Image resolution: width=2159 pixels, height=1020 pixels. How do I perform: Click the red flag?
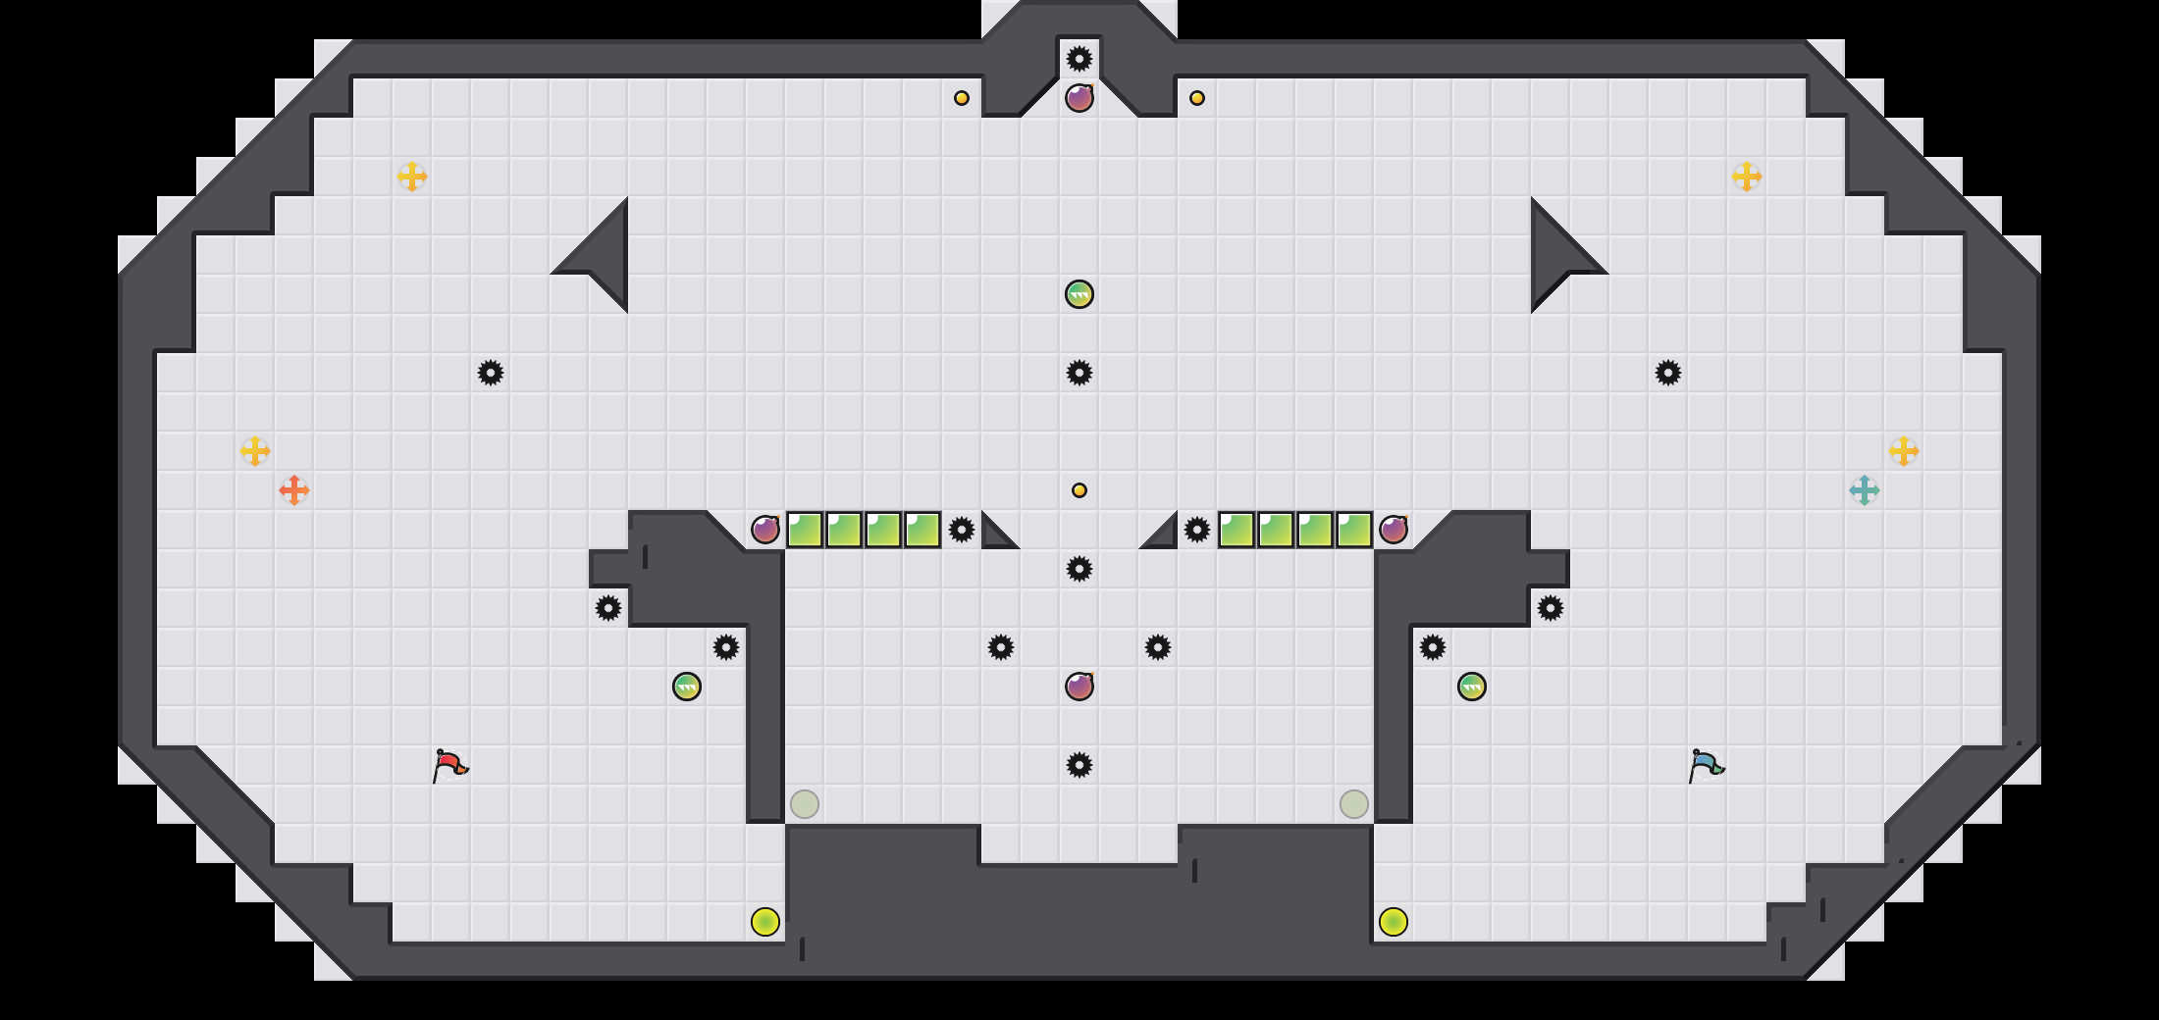point(449,764)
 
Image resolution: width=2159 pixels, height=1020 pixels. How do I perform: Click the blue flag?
point(1706,764)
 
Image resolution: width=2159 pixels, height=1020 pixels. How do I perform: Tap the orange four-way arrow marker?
point(294,489)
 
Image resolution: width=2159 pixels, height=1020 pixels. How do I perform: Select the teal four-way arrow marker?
point(1864,489)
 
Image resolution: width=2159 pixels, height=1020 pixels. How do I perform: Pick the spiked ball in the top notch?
point(1079,59)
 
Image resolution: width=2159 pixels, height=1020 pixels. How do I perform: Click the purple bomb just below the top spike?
point(1079,98)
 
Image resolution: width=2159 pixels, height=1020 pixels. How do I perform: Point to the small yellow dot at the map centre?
point(1079,490)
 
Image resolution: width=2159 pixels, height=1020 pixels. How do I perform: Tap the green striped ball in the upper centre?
point(1079,294)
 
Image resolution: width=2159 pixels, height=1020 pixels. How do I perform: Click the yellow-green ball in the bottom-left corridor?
point(765,922)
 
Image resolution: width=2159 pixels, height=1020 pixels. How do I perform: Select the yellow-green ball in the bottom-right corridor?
point(1394,922)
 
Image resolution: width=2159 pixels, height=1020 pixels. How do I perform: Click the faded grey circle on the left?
point(805,804)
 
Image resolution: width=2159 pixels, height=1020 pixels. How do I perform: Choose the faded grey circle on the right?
point(1354,804)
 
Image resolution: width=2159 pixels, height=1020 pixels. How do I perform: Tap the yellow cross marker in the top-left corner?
point(412,177)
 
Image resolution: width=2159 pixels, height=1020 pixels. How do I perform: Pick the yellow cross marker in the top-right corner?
point(1747,177)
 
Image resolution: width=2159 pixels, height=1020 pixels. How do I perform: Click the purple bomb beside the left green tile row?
point(765,530)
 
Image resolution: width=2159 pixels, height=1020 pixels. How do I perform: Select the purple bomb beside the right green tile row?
point(1394,530)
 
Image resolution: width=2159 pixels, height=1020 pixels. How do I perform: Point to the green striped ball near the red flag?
point(687,687)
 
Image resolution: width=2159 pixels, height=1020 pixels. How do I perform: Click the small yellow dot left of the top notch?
point(962,98)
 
